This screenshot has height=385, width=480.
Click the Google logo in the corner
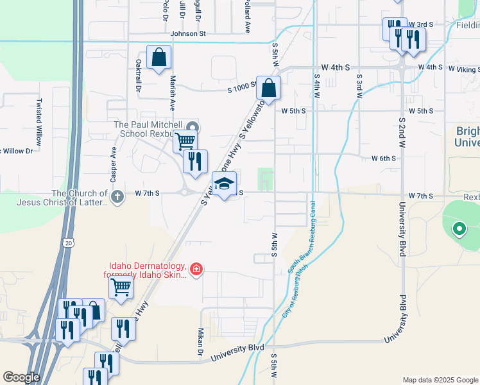click(21, 377)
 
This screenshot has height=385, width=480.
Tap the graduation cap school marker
click(224, 184)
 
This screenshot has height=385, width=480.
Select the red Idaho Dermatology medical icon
click(196, 269)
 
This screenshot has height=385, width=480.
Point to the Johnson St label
click(188, 33)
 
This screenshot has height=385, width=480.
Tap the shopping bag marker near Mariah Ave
click(159, 57)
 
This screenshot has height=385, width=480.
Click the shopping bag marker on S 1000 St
click(270, 89)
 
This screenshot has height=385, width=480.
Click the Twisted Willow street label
click(39, 120)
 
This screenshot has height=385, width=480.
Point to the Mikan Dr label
click(200, 343)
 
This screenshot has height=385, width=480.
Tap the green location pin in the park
click(459, 228)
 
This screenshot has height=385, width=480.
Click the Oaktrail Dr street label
click(138, 76)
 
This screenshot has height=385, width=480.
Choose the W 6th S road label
click(385, 158)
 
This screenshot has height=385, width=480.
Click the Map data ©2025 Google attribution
click(440, 380)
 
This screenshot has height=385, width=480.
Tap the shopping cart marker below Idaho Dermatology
click(121, 288)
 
